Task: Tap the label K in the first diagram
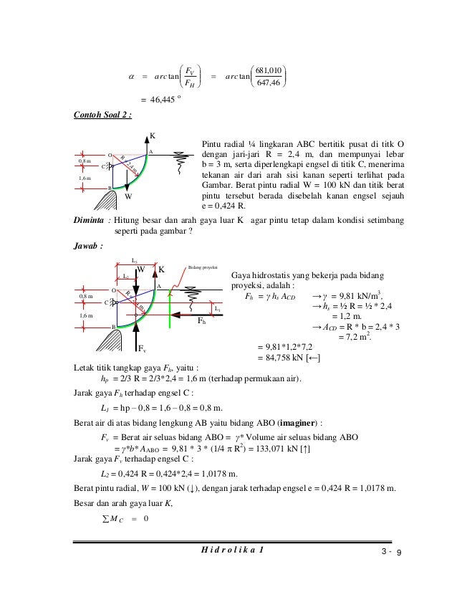tap(153, 135)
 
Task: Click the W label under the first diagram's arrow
tap(129, 194)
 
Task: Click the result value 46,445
tap(161, 100)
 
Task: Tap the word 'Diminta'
tap(89, 221)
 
